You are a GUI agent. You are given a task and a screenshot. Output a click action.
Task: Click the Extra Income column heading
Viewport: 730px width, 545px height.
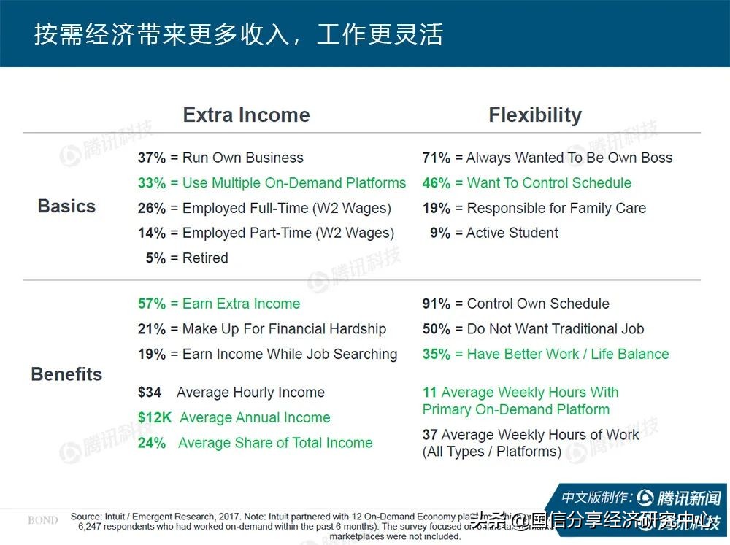click(246, 115)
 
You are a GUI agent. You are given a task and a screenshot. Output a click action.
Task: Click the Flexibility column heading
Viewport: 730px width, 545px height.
click(535, 115)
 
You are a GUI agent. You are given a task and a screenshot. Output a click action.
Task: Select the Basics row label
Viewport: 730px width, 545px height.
click(66, 206)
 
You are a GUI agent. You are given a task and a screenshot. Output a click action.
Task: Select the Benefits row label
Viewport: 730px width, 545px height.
click(66, 374)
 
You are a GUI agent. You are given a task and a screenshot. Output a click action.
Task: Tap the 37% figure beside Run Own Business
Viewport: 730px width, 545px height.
click(152, 158)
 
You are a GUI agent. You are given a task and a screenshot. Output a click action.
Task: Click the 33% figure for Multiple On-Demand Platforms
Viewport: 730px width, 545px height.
click(152, 183)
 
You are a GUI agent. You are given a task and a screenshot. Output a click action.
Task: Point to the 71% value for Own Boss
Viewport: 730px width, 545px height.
click(437, 158)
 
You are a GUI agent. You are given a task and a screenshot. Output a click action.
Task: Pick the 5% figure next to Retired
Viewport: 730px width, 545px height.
click(155, 258)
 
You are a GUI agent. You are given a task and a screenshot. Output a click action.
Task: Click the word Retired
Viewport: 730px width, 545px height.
click(205, 258)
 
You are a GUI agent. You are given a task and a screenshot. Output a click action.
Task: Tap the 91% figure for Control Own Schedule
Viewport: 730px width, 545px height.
click(437, 304)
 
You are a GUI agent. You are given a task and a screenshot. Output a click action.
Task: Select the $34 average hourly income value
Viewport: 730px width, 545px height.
click(150, 393)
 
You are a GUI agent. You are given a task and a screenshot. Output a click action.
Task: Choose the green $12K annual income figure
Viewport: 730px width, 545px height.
click(153, 418)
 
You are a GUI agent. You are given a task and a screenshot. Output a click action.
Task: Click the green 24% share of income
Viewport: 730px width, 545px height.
click(152, 443)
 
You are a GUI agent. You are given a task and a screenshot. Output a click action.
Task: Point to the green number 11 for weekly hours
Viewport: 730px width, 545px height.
click(429, 393)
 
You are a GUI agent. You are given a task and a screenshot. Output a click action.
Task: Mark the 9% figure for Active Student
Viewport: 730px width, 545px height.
click(440, 233)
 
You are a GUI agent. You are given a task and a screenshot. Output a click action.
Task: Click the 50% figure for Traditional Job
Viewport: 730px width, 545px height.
click(437, 329)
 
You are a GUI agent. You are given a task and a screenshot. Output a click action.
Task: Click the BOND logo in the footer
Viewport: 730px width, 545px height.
click(43, 520)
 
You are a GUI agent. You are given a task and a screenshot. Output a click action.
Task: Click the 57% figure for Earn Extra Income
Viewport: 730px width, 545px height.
click(152, 304)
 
